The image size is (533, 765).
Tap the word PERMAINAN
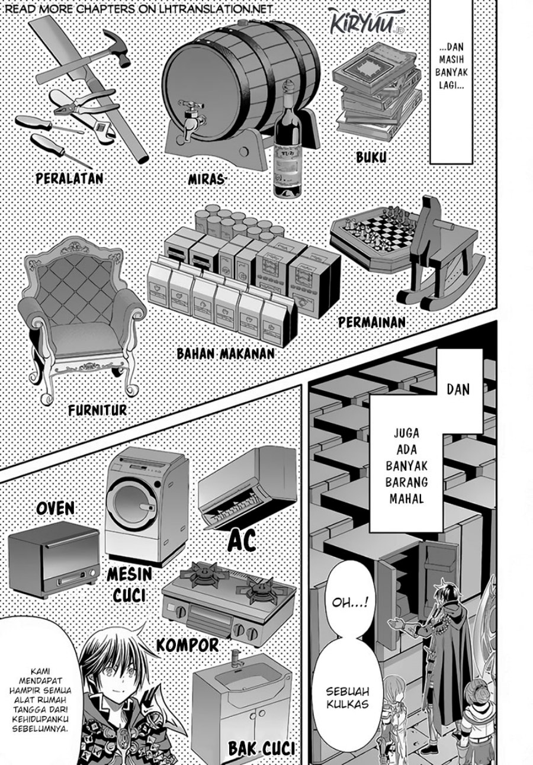click(371, 322)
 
